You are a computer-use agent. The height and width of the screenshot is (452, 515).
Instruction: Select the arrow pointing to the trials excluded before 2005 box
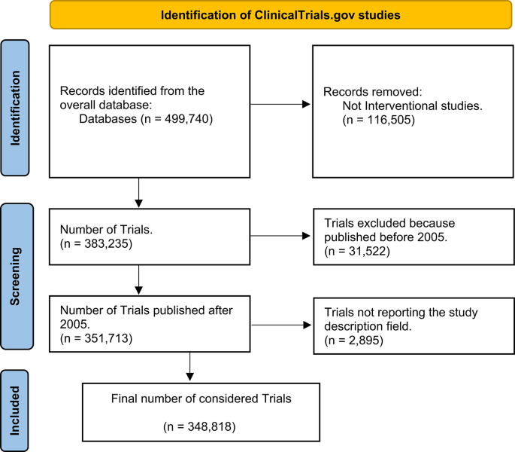280,237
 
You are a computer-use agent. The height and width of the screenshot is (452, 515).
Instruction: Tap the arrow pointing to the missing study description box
280,325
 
